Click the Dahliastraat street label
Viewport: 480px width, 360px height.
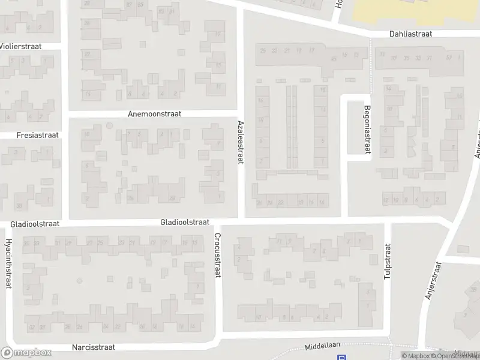(410, 35)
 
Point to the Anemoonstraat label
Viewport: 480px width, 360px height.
(154, 113)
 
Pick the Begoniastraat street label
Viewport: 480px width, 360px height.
(367, 130)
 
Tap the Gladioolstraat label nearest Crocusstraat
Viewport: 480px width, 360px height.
(185, 222)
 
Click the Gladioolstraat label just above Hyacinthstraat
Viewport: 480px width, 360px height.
(35, 224)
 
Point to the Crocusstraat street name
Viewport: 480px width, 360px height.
(217, 256)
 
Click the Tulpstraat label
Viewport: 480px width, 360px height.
(388, 262)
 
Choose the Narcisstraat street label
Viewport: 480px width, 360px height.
(93, 347)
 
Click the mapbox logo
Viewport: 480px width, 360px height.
(26, 353)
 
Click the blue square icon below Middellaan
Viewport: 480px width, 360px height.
(341, 358)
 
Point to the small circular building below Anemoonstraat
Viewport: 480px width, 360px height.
(109, 125)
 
